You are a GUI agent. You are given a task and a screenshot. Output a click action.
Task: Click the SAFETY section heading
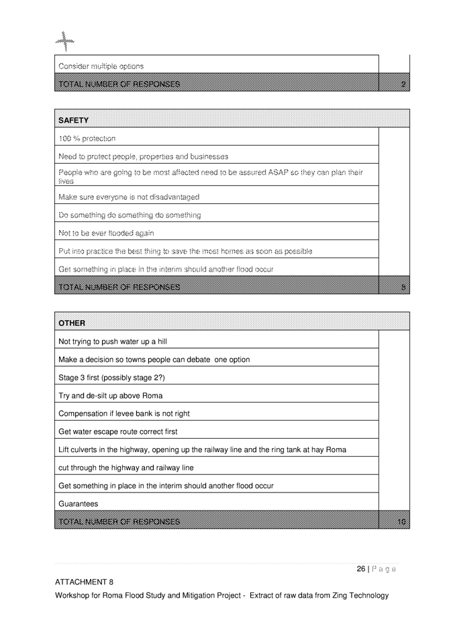coord(74,121)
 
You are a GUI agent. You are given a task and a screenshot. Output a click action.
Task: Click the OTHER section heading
coord(72,323)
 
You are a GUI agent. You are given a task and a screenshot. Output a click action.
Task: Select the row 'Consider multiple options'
coord(101,66)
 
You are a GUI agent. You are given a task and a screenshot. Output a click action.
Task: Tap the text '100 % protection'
coord(87,139)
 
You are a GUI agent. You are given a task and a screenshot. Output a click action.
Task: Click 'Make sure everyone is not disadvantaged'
coord(129,197)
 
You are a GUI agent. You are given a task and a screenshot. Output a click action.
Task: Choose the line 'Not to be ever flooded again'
coord(106,233)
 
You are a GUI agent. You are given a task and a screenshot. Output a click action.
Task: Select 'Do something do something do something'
coord(130,215)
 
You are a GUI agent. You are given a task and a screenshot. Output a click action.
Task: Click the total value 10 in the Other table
coord(401,521)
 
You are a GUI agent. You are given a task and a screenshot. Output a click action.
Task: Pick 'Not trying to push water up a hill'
coord(113,341)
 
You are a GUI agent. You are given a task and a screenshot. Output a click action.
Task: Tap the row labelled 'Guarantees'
coord(79,504)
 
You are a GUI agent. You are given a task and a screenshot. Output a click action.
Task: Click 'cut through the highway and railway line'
coord(126,468)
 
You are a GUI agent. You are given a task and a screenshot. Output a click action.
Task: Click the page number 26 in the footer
coord(360,569)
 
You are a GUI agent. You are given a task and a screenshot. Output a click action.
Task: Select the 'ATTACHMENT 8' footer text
coord(84,582)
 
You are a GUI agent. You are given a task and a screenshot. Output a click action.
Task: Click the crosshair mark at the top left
coord(64,42)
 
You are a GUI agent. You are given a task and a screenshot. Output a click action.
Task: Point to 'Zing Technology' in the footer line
coord(358,595)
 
